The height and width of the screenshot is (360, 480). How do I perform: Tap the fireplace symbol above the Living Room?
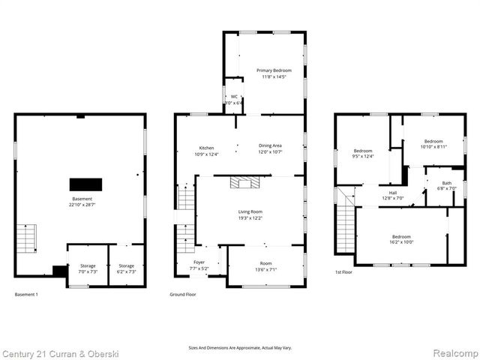coord(243,181)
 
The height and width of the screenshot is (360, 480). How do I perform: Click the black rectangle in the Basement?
coord(85,184)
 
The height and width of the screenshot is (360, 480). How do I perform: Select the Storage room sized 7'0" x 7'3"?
coord(88,268)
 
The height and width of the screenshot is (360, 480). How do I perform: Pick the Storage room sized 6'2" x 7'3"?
coord(126,268)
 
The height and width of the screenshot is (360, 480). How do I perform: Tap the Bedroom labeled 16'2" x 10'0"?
coord(400,239)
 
